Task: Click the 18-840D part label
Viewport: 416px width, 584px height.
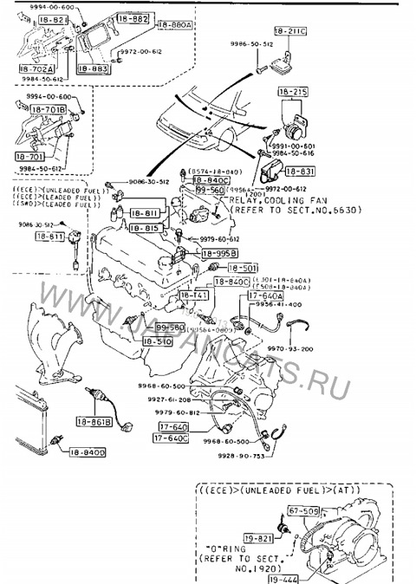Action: pyautogui.click(x=86, y=452)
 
